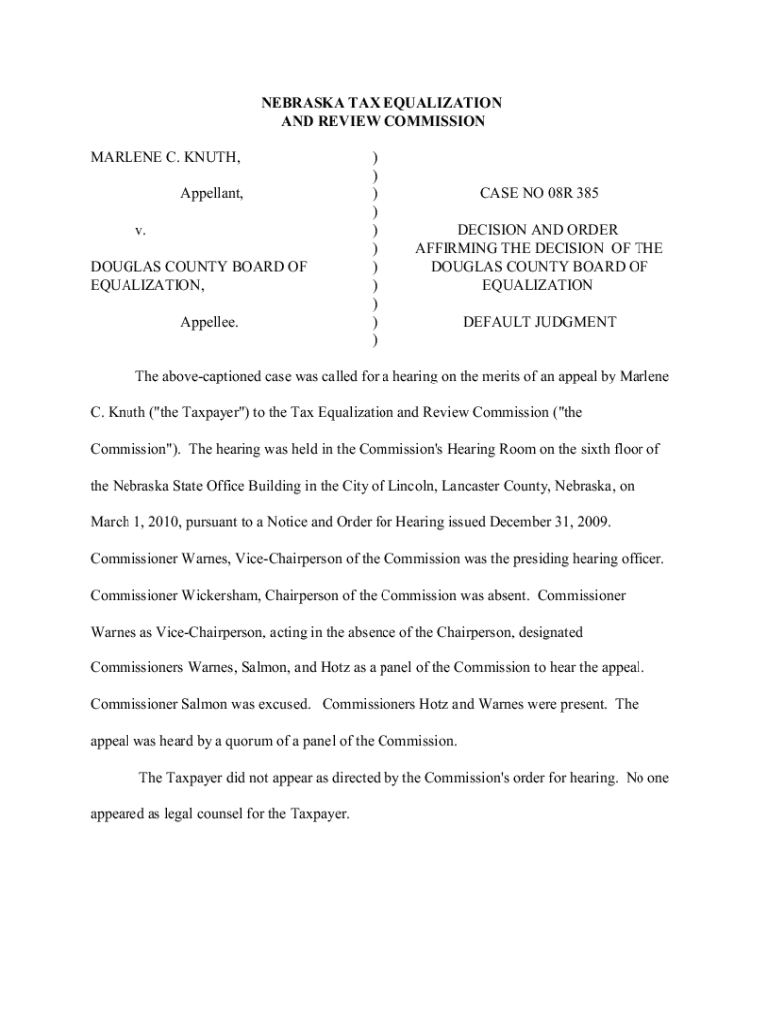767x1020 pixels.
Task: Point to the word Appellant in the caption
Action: (x=211, y=194)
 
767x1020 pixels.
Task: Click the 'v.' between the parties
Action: (x=141, y=231)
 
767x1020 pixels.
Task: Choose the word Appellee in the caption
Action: (x=209, y=322)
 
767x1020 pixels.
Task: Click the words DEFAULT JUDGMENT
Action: (x=539, y=322)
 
